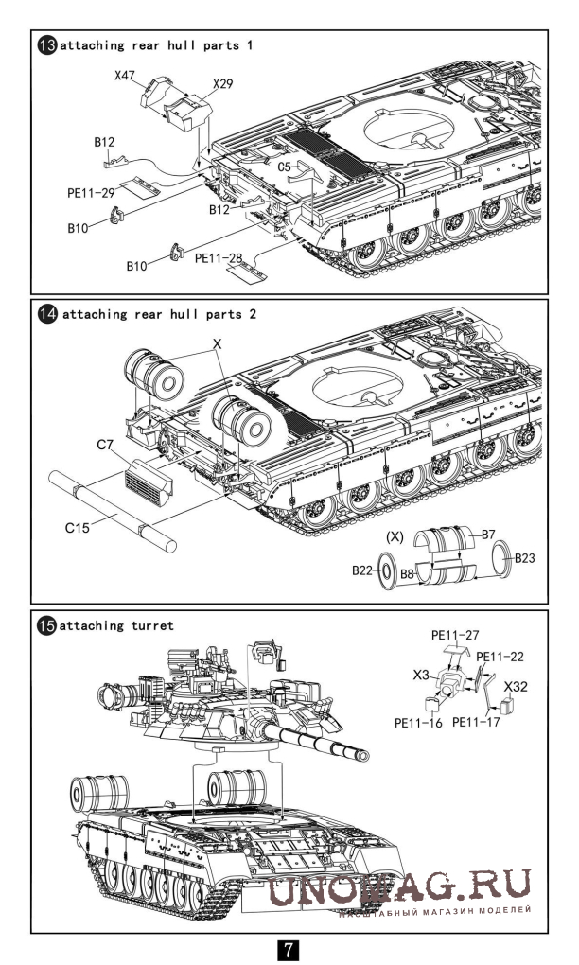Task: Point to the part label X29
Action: [222, 84]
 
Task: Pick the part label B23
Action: [527, 557]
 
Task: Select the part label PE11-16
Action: [417, 723]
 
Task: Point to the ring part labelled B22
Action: [387, 571]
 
